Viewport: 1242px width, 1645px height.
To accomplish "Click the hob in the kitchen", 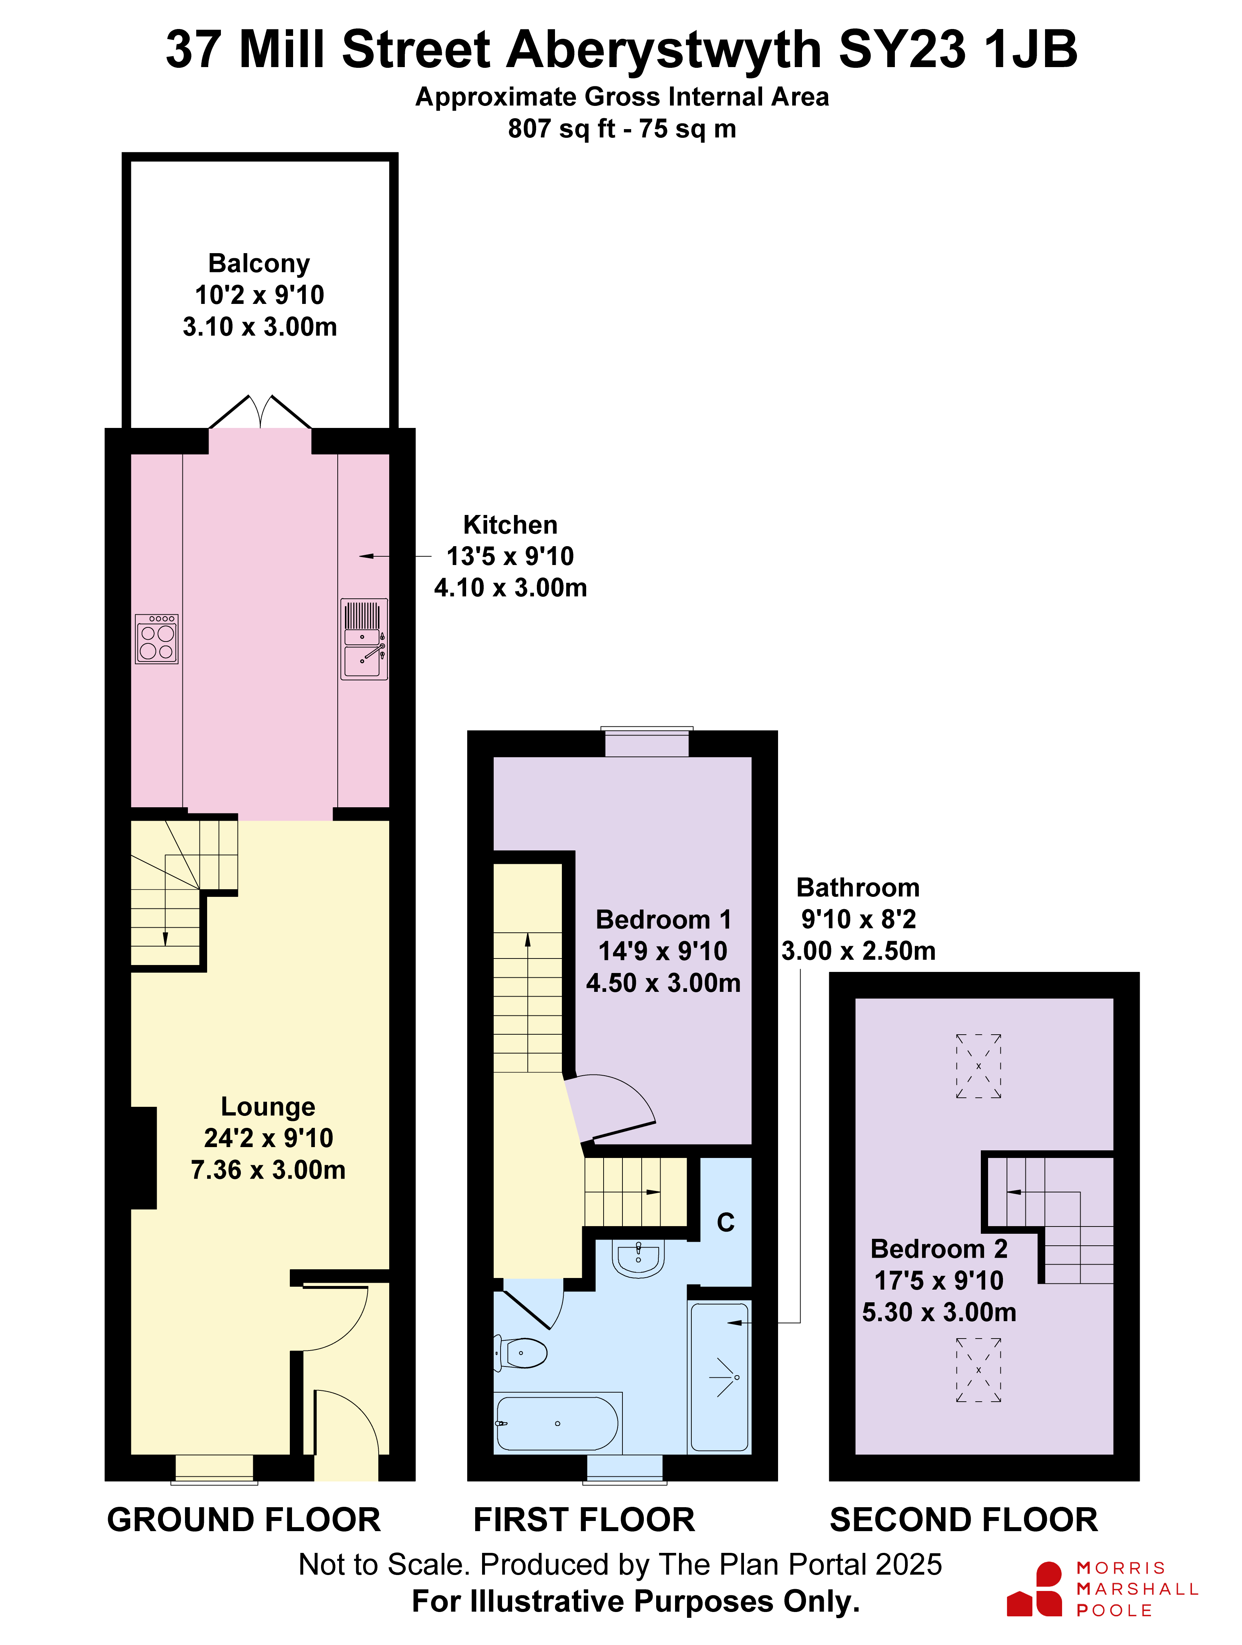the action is pyautogui.click(x=157, y=638).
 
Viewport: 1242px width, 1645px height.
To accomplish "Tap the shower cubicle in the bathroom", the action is pyautogui.click(x=719, y=1377).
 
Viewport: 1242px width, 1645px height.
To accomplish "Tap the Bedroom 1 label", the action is pyautogui.click(x=663, y=920).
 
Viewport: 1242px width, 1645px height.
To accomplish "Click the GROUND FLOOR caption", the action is pyautogui.click(x=244, y=1520).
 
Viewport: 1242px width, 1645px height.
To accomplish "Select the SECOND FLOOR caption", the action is pyautogui.click(x=964, y=1520).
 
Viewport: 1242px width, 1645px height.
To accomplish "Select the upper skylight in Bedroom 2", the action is pyautogui.click(x=979, y=1066).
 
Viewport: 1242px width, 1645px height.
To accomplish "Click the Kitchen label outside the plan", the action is pyautogui.click(x=510, y=525).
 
